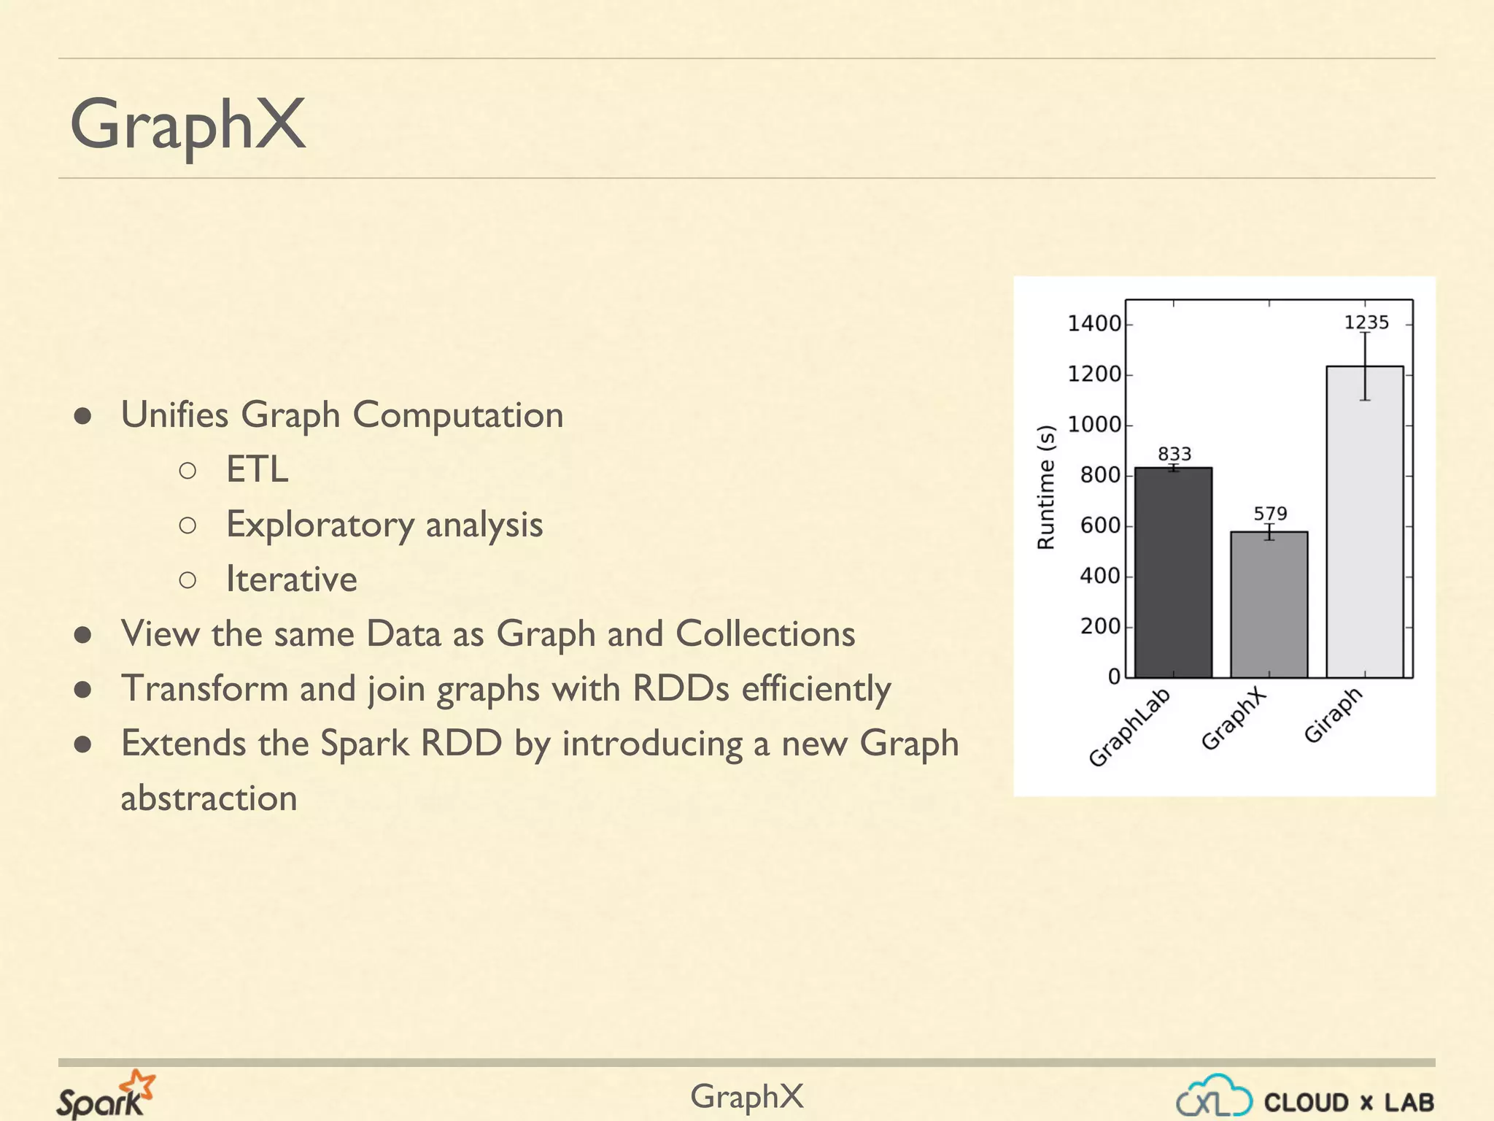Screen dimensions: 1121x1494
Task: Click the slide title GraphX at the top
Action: (x=187, y=125)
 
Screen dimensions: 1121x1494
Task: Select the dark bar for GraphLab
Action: (x=1173, y=573)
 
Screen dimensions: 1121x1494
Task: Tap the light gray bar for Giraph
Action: (x=1364, y=522)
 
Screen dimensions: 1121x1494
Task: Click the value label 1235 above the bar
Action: (x=1366, y=323)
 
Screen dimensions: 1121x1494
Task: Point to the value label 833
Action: (x=1174, y=454)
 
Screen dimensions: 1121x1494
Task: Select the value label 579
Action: (x=1270, y=514)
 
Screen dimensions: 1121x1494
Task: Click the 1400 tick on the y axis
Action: (x=1094, y=323)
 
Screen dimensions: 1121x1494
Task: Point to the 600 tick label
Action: (x=1099, y=525)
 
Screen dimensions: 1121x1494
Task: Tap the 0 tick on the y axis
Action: (x=1114, y=677)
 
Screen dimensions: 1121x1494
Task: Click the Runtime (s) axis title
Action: (x=1046, y=487)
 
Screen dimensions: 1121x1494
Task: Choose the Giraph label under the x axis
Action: (x=1334, y=715)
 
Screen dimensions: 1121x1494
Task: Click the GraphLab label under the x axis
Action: (x=1129, y=727)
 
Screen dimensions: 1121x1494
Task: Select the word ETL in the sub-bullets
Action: (x=257, y=469)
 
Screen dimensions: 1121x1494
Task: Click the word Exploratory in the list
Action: (x=320, y=525)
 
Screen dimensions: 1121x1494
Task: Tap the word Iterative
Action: (x=291, y=579)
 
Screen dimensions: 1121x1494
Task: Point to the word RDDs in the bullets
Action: (x=681, y=688)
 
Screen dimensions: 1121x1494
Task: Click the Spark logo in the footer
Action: (x=106, y=1095)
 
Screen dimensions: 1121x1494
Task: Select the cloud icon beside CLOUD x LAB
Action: (x=1214, y=1095)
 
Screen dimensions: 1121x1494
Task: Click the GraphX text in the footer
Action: (x=746, y=1096)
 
